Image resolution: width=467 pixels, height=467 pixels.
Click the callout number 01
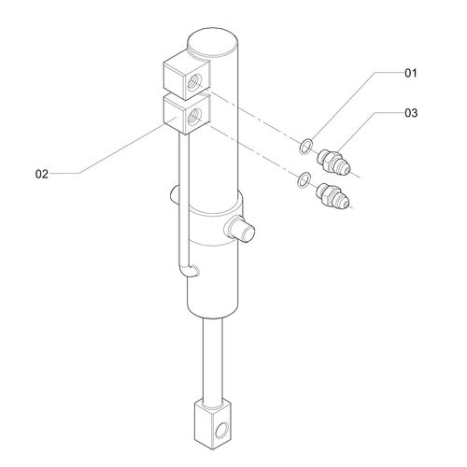click(x=410, y=73)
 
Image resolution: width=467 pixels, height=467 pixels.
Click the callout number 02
click(x=42, y=174)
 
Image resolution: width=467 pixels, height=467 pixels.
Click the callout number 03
click(x=411, y=113)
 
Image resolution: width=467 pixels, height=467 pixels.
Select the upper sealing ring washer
click(x=305, y=147)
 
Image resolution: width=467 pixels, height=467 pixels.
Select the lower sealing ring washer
click(x=304, y=179)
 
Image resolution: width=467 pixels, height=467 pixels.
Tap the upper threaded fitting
click(x=333, y=163)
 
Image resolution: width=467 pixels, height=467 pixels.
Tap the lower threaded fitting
click(x=333, y=195)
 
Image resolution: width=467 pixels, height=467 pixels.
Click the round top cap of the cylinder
click(x=213, y=42)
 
